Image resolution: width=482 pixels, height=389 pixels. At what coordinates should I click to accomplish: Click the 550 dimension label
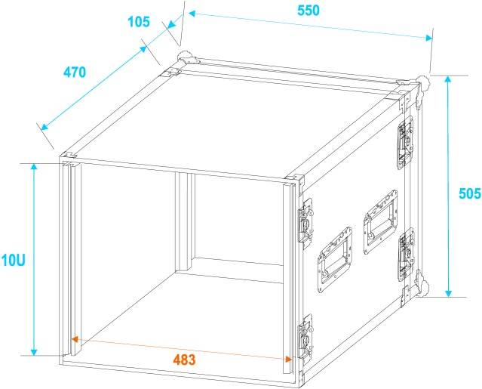(309, 11)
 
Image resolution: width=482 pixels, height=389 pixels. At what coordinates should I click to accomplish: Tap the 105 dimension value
(139, 22)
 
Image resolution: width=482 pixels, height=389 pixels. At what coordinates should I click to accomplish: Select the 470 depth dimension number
(75, 73)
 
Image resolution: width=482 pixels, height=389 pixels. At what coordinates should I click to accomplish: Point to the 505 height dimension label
(470, 193)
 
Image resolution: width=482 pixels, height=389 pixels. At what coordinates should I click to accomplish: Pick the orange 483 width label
(184, 360)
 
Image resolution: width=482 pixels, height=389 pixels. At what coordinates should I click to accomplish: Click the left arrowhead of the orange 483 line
(74, 339)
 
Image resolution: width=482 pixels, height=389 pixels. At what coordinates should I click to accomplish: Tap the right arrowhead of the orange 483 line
(288, 359)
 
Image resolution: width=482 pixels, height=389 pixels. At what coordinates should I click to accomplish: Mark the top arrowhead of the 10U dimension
(34, 167)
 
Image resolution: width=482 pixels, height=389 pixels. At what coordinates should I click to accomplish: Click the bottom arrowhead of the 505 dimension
(449, 293)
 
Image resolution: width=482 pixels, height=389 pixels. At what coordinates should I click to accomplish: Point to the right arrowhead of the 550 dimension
(428, 38)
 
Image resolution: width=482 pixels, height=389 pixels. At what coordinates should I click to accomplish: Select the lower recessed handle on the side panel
(335, 259)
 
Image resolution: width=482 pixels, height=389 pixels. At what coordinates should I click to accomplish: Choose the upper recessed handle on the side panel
(380, 222)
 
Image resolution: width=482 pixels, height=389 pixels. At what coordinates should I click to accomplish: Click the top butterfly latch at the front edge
(305, 222)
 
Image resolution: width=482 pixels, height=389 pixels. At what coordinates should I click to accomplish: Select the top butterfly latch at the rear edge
(405, 142)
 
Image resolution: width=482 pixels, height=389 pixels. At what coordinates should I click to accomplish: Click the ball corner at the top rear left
(186, 57)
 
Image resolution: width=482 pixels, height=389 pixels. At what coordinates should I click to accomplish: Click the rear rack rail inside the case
(185, 222)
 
